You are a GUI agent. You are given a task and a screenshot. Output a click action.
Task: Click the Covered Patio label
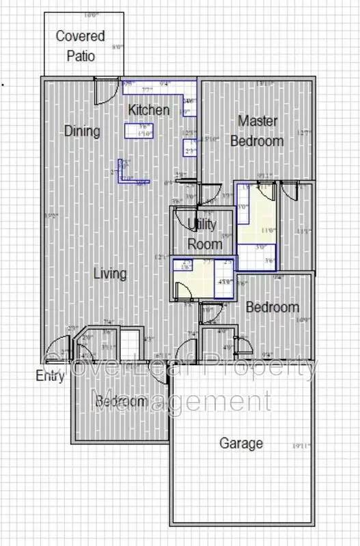tap(80, 46)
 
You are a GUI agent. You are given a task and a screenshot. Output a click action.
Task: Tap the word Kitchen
tap(149, 109)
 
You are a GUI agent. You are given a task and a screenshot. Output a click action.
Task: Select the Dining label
tap(82, 131)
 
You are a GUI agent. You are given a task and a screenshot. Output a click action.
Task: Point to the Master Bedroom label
tap(257, 131)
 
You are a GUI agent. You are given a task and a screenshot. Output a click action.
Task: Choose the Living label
tap(110, 274)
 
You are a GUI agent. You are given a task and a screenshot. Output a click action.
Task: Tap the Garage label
tap(240, 443)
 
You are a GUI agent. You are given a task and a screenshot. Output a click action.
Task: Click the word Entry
tap(51, 376)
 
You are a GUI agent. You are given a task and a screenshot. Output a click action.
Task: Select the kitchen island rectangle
tap(139, 130)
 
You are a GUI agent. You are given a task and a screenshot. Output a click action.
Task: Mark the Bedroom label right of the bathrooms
tap(272, 307)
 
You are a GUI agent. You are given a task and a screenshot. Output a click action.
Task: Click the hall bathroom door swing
tap(182, 291)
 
